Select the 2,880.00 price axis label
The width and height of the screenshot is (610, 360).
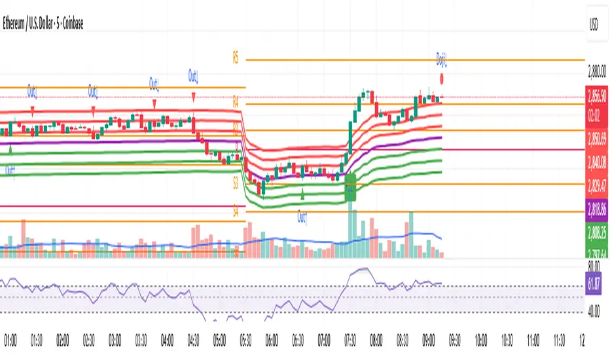pos(596,73)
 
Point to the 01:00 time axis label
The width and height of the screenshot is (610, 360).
pos(11,341)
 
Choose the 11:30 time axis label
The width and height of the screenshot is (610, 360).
pos(558,341)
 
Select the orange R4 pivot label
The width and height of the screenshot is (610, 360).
pos(236,101)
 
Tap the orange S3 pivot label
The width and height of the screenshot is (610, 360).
pos(236,186)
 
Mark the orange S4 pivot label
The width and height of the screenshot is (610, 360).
pos(236,213)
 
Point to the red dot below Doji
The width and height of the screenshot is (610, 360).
pos(443,79)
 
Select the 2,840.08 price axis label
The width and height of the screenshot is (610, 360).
pos(596,161)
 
